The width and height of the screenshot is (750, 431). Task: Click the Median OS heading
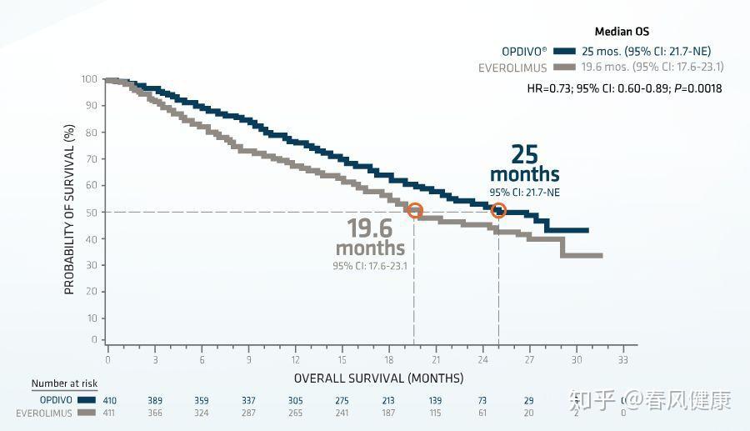pos(622,33)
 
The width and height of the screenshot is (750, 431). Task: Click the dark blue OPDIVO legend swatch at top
pos(564,51)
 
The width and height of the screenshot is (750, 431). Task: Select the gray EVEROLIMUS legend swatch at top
pos(564,68)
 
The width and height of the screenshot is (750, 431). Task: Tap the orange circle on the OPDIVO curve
pos(498,210)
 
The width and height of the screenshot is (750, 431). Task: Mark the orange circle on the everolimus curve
pos(414,211)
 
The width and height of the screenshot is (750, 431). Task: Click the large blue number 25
pos(524,155)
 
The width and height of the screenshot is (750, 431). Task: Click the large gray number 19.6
pos(369,228)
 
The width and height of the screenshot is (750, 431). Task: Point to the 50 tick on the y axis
pos(90,212)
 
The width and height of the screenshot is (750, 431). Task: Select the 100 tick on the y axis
pos(88,80)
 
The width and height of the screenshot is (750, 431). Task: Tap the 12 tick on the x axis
pos(295,359)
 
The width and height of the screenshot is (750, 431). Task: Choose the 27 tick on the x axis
pos(529,359)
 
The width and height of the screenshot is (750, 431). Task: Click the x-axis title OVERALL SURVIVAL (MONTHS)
pos(378,378)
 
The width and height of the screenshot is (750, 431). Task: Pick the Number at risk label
pos(64,383)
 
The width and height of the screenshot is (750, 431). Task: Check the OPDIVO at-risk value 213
pos(388,401)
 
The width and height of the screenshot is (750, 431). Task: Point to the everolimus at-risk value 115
pos(435,413)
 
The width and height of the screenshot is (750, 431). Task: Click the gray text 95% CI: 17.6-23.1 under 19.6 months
pos(375,266)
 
